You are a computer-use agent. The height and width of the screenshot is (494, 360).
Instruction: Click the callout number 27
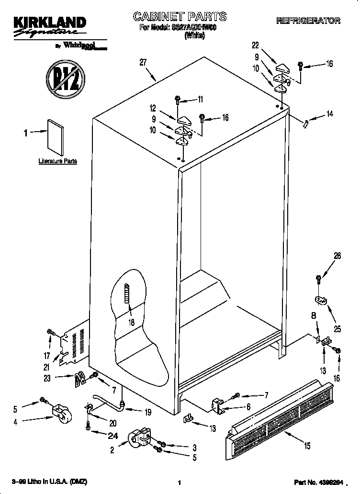[143, 62]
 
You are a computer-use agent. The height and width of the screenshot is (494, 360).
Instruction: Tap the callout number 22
[255, 45]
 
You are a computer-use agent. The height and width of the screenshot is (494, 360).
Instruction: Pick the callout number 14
[329, 114]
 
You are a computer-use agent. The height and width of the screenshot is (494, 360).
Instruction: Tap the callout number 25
[337, 330]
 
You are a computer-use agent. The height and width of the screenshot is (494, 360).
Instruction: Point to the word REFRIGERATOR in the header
[308, 21]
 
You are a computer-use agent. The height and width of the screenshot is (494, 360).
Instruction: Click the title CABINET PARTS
[180, 17]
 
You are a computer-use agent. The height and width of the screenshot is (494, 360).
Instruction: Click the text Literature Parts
[57, 161]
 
